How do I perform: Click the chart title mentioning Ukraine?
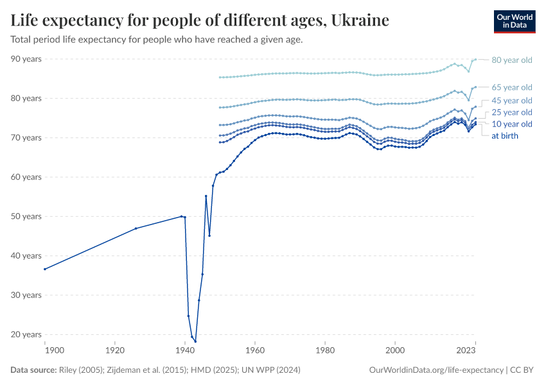tap(200, 21)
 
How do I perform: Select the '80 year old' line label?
tap(511, 60)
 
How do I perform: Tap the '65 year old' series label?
tap(511, 87)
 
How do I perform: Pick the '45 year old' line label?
tap(511, 101)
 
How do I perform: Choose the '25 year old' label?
tap(511, 112)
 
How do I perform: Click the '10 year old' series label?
tap(511, 124)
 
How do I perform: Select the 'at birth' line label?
tap(504, 136)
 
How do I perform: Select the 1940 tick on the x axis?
tap(185, 350)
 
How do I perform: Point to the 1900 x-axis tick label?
tap(54, 350)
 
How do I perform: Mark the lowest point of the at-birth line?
tap(195, 341)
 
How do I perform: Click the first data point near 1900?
tap(44, 269)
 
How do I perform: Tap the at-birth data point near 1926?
tap(136, 228)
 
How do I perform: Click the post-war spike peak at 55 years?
tap(206, 196)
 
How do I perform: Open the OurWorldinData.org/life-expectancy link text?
tap(437, 370)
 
